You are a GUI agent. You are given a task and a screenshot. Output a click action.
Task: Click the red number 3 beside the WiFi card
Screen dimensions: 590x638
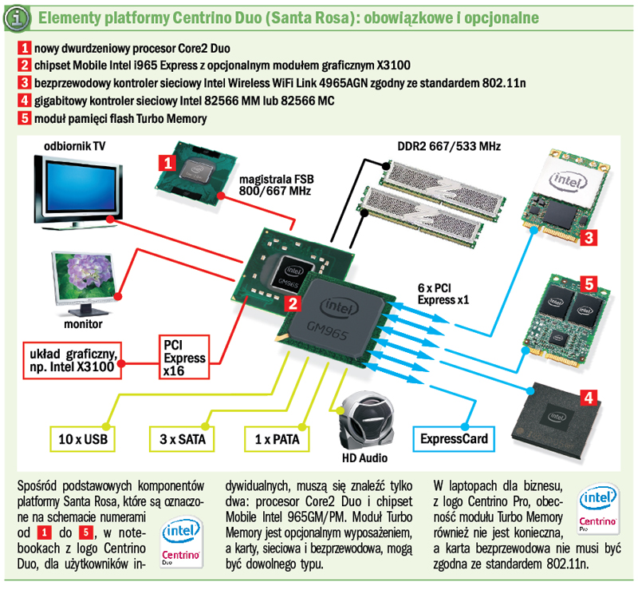coord(588,237)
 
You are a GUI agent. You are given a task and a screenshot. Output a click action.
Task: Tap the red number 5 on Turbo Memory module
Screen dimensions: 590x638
coord(588,283)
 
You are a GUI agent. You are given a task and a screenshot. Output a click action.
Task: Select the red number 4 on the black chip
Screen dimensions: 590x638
coord(588,397)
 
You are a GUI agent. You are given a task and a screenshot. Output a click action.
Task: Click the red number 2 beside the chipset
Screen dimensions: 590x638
coord(293,303)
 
